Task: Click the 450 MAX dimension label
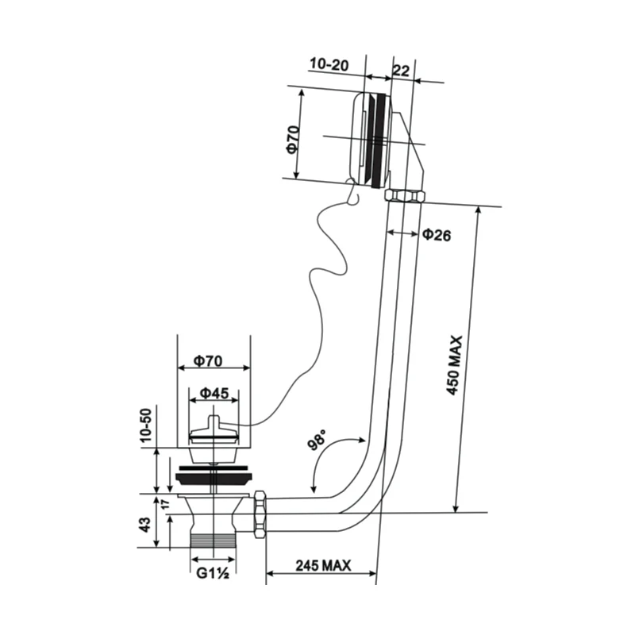(x=454, y=365)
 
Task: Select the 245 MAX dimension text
(x=323, y=565)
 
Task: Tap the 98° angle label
(x=317, y=441)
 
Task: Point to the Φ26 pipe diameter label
(x=437, y=235)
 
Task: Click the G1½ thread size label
(x=213, y=573)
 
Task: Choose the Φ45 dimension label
(x=214, y=393)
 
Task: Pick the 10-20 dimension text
(x=329, y=64)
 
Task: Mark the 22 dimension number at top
(x=401, y=71)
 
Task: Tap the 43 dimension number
(x=145, y=525)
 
